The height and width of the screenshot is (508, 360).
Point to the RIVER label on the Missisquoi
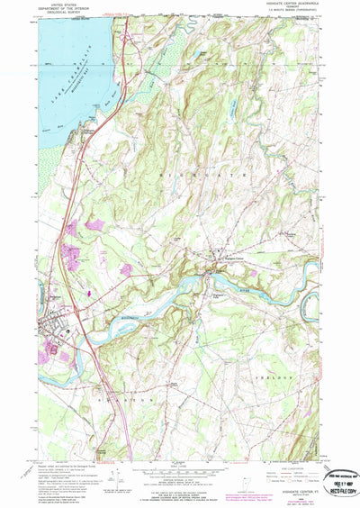[247, 290]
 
